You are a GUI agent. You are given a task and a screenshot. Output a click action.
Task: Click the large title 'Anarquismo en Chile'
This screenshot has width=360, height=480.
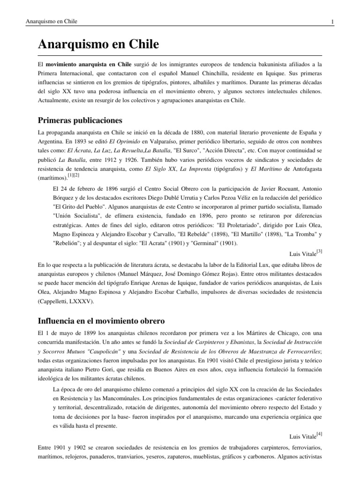click(x=98, y=45)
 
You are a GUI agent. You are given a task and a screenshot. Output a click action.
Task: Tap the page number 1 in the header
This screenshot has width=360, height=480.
click(x=332, y=22)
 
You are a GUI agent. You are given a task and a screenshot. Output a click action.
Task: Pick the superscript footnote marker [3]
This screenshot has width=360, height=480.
click(x=319, y=252)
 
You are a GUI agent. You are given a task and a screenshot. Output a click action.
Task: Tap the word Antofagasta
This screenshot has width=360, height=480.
click(x=301, y=168)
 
